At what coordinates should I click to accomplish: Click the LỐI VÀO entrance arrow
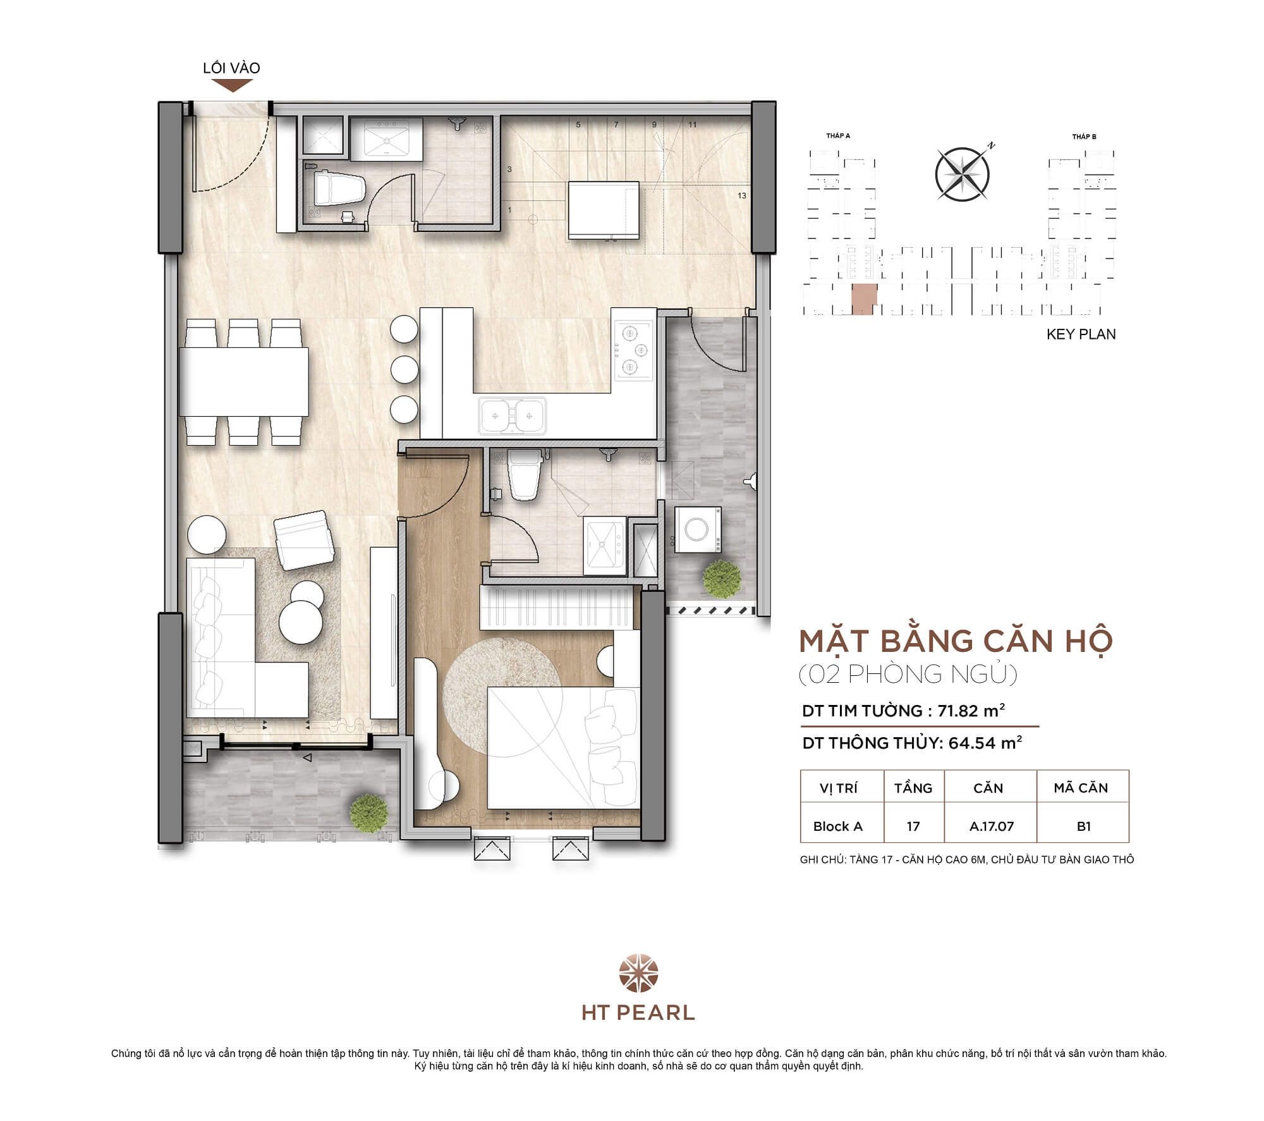coord(232,85)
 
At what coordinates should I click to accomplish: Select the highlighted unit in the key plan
coord(864,298)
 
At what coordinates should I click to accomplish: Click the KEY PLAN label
coord(1081,334)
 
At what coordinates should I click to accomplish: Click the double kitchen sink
coord(512,415)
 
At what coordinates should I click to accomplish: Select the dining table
coord(244,381)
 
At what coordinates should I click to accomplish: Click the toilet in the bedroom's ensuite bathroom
coord(525,475)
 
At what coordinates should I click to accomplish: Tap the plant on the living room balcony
coord(368,811)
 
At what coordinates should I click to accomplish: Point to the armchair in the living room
coord(305,540)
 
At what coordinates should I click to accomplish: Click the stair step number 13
coord(742,195)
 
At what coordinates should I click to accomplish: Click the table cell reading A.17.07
coord(991,826)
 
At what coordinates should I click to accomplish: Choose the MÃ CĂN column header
coord(1081,788)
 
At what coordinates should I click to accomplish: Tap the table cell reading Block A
coord(837,826)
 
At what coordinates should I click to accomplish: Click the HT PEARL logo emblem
coord(638,974)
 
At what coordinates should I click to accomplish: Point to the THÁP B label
coord(1084,137)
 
